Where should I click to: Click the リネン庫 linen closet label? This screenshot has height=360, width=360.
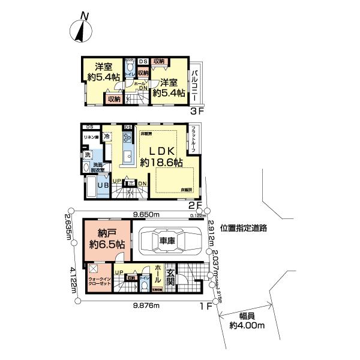point(91,137)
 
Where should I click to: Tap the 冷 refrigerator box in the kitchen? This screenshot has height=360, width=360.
point(106,136)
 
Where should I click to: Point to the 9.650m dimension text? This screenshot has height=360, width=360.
point(147,214)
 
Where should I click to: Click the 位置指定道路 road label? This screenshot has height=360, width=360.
point(243,229)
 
